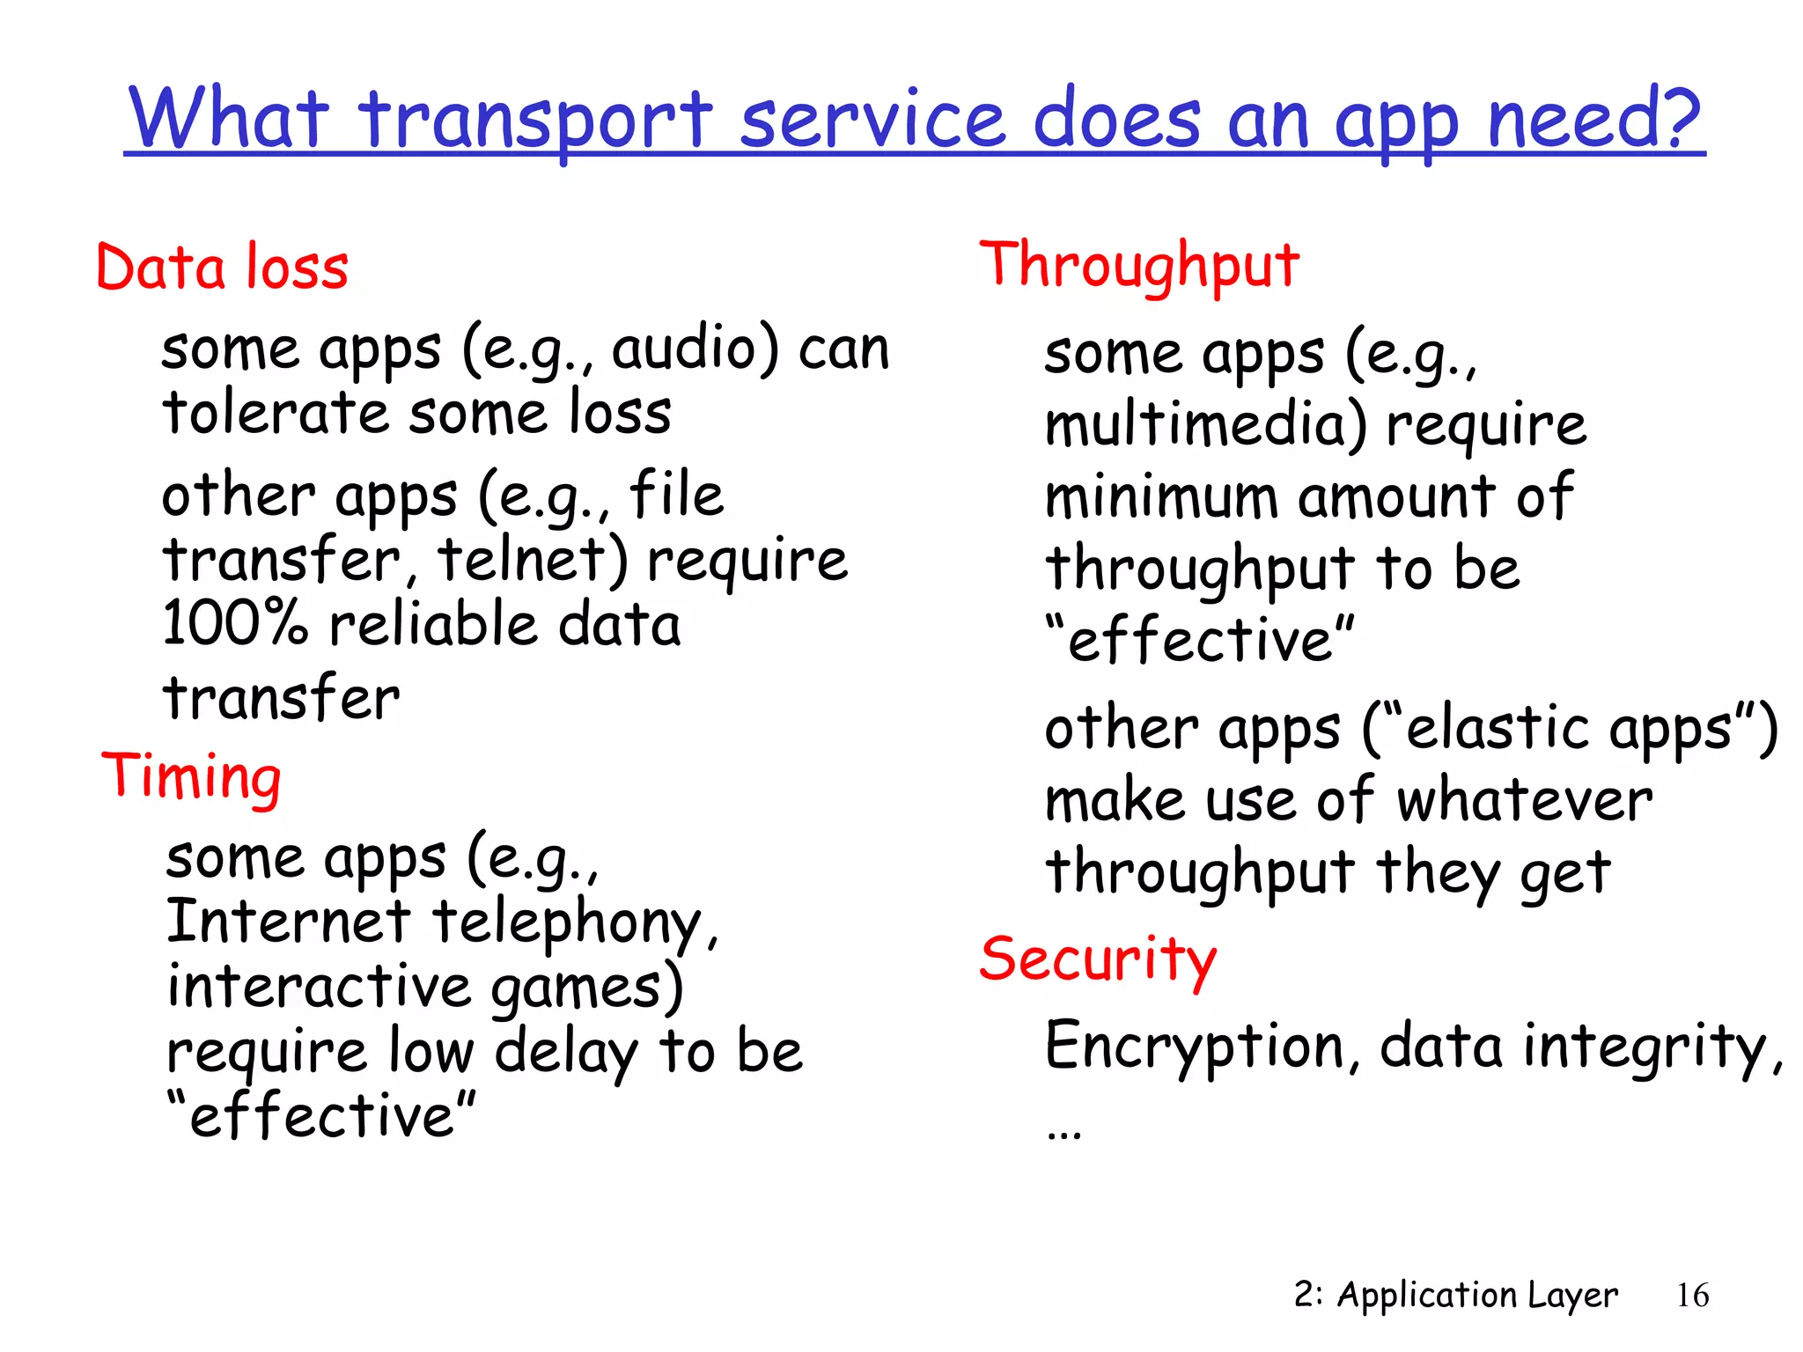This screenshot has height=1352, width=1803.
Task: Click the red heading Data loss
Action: [222, 268]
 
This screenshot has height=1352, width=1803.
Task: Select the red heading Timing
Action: [191, 776]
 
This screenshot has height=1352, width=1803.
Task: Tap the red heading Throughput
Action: [1139, 265]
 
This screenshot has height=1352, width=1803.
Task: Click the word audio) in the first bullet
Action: [695, 349]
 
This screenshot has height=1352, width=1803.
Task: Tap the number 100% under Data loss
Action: [235, 623]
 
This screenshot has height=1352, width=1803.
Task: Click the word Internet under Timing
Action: [288, 921]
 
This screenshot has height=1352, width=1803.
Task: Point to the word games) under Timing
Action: [586, 987]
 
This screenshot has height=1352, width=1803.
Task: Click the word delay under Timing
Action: [566, 1052]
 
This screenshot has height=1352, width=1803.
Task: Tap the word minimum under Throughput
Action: [1161, 497]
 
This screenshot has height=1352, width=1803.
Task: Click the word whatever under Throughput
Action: [1525, 800]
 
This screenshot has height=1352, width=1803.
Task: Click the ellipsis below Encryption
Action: [1064, 1135]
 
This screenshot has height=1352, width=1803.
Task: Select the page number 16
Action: [1692, 1296]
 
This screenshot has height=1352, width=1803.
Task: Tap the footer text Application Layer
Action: [1476, 1296]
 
